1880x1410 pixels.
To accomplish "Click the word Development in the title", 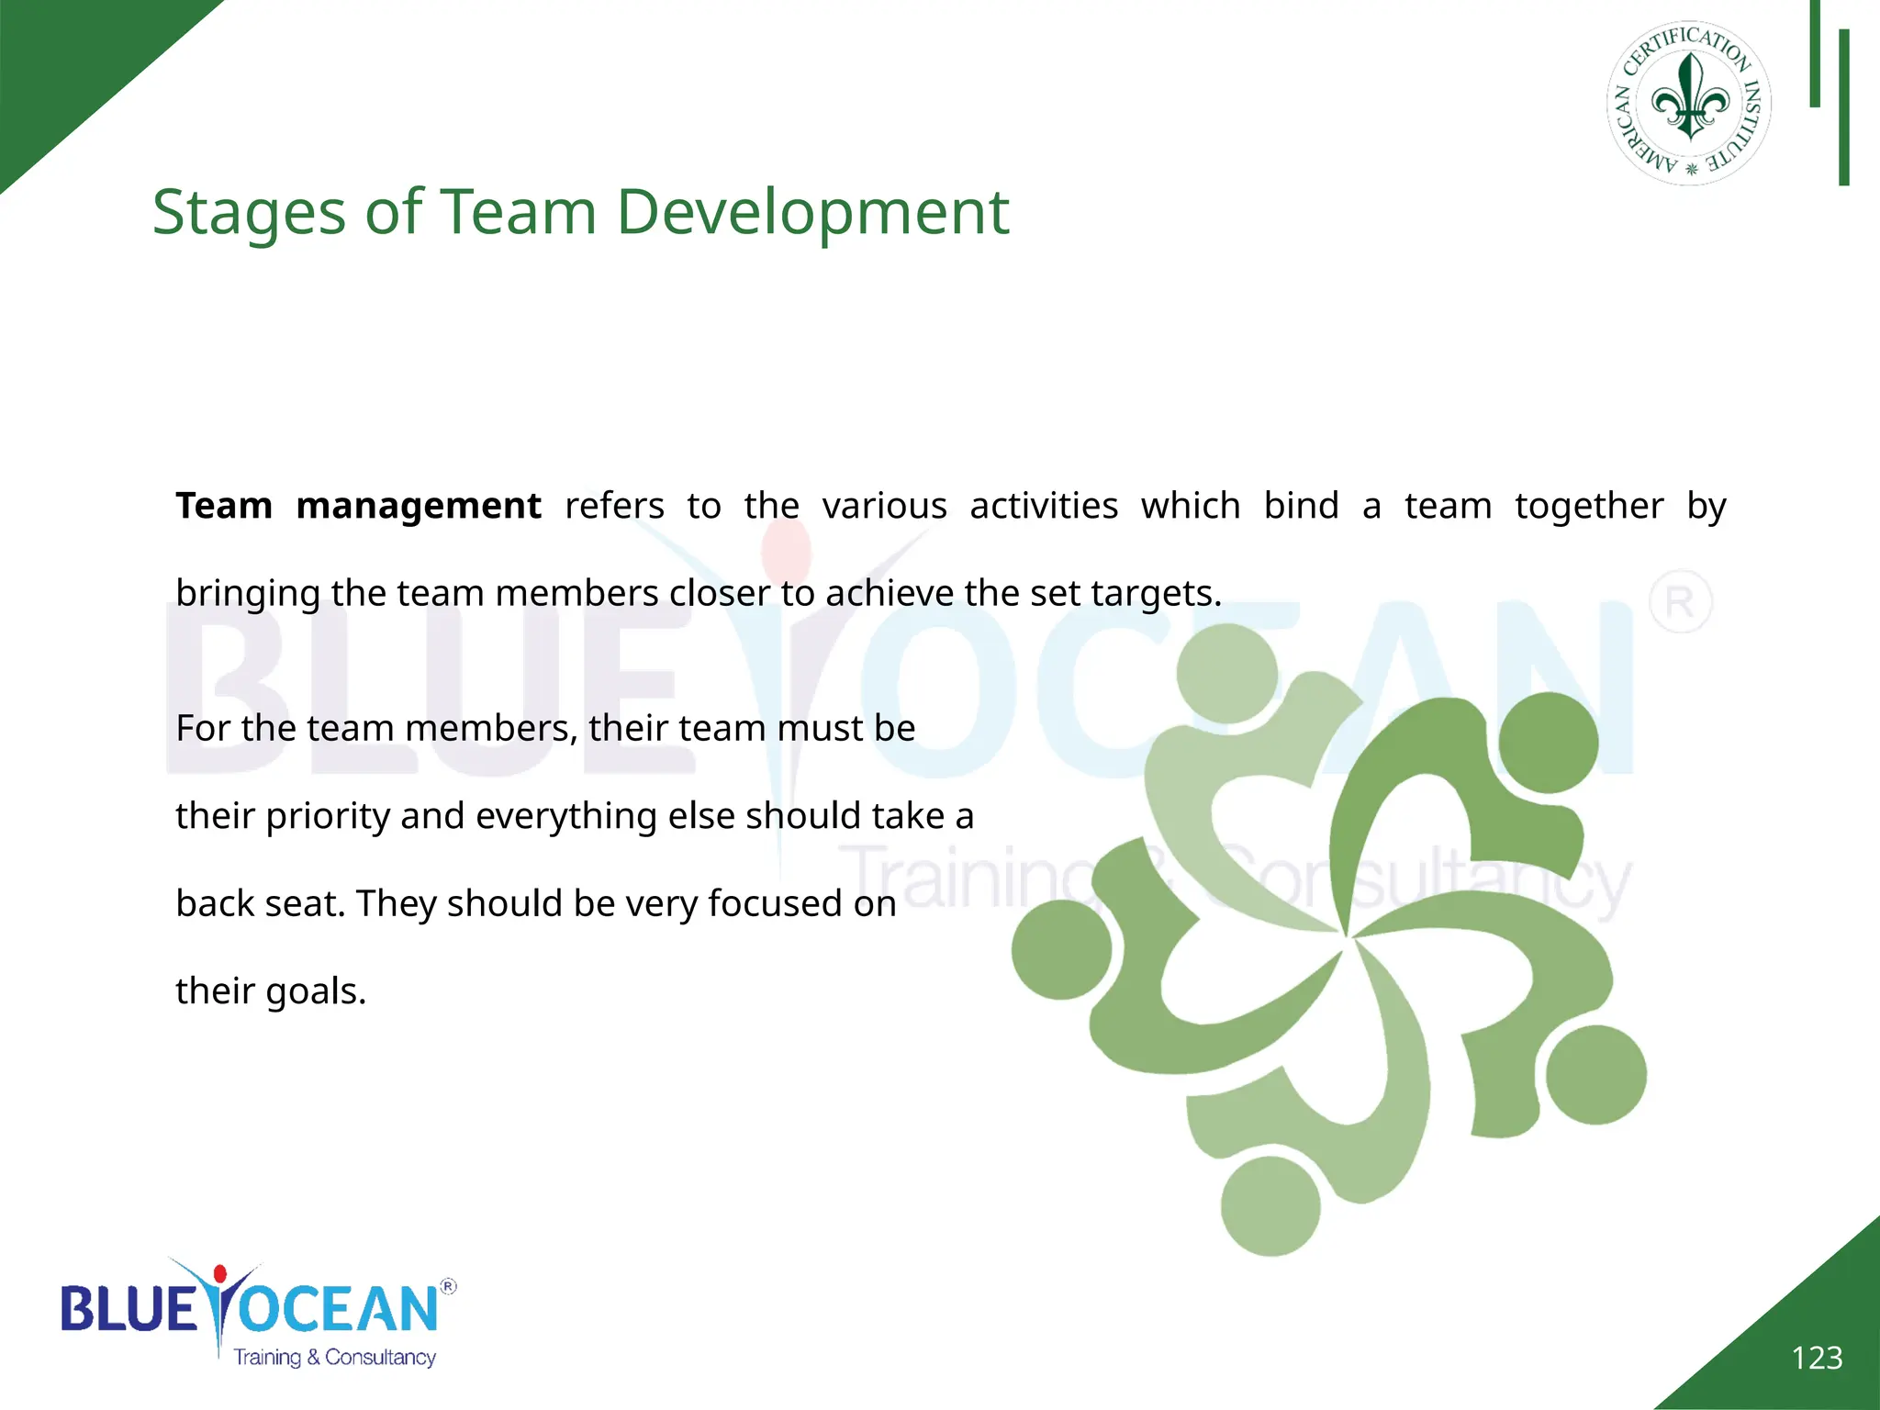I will tap(812, 213).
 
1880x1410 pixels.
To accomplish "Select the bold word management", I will tap(419, 506).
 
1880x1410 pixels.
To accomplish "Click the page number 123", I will tap(1817, 1358).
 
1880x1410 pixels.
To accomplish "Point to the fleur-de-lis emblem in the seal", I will tap(1690, 97).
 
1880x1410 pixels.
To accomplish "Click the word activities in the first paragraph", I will tap(1044, 506).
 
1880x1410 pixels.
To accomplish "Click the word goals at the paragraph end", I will tap(315, 991).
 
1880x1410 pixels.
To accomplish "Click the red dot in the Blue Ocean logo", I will tap(219, 1274).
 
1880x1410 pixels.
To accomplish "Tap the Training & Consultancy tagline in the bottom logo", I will tap(335, 1357).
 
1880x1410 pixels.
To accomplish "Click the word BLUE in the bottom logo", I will tap(129, 1308).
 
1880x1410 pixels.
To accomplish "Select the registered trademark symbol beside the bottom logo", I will tap(448, 1286).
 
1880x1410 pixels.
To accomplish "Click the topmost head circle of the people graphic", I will tap(1226, 673).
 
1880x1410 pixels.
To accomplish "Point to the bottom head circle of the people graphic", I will tap(1270, 1205).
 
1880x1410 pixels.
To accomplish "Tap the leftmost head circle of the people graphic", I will tap(1061, 950).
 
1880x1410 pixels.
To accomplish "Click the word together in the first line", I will tap(1589, 506).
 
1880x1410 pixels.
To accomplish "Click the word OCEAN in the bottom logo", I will tap(340, 1308).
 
